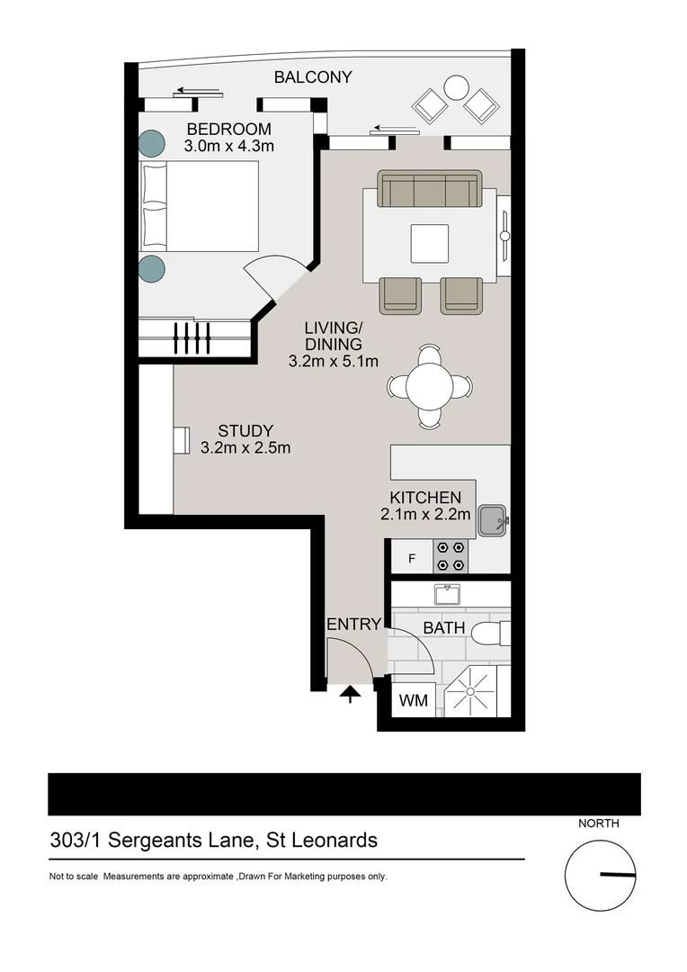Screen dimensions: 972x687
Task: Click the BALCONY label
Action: (313, 77)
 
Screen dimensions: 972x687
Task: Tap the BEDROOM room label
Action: (228, 129)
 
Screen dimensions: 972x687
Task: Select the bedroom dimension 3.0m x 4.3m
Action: (228, 146)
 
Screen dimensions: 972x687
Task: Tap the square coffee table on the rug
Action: (428, 242)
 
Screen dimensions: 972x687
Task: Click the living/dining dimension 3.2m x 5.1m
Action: (333, 361)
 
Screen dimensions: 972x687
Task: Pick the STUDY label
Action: (245, 431)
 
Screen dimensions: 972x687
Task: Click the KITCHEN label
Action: (425, 498)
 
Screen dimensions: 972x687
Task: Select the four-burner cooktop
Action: (450, 555)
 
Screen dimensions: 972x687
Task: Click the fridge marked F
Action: (412, 558)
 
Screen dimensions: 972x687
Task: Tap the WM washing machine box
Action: (413, 699)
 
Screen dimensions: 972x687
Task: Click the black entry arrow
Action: (350, 693)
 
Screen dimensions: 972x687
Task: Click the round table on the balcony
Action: (456, 87)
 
